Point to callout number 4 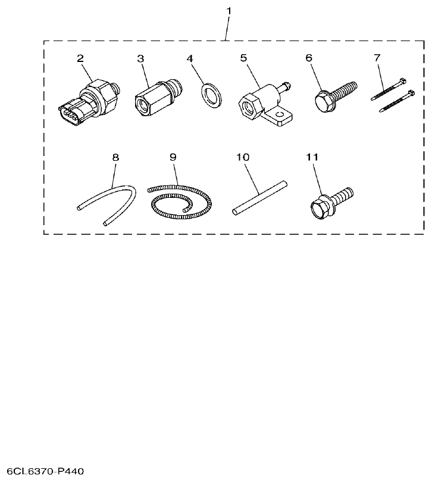(190, 58)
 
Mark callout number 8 (115, 157)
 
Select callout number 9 (173, 157)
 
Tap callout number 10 (242, 157)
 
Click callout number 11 (312, 157)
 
